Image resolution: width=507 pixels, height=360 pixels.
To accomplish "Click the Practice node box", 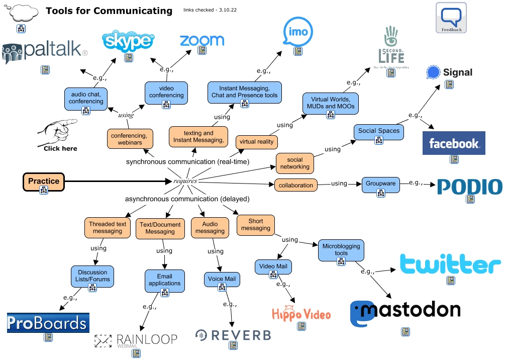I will tap(44, 182).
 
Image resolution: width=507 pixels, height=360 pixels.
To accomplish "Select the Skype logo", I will tap(128, 40).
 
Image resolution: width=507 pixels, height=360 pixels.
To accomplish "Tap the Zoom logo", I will tap(201, 40).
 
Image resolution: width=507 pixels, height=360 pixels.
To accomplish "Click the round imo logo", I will tap(298, 32).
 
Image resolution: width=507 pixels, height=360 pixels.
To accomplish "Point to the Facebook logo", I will tap(454, 143).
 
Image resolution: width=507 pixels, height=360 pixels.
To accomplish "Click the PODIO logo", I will tap(469, 187).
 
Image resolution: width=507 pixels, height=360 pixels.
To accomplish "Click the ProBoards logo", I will tap(48, 323).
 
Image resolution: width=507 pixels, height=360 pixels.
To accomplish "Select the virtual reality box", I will tap(256, 142).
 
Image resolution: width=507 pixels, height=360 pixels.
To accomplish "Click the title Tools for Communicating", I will tap(109, 11).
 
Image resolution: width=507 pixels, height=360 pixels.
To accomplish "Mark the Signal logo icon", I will tap(433, 72).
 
